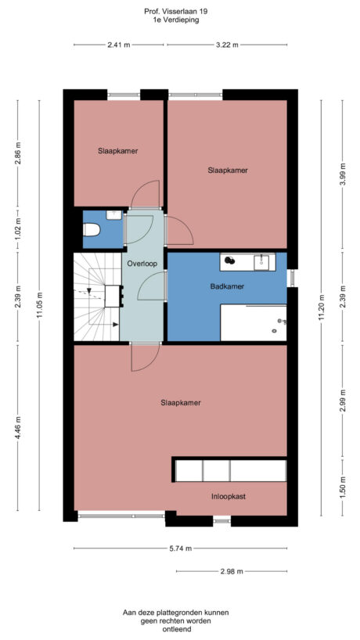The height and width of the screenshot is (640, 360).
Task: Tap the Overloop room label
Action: point(142,264)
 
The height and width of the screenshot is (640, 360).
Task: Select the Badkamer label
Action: point(227,286)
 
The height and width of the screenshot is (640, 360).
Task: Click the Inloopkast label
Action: point(228,495)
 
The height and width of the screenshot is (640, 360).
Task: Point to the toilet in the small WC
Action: point(91,230)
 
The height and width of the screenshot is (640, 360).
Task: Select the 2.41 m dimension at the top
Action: point(119,45)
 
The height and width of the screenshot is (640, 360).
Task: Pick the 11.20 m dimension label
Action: point(321,307)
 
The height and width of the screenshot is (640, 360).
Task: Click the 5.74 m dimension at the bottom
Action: point(180,548)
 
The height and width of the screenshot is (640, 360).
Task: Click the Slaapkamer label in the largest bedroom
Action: point(180,403)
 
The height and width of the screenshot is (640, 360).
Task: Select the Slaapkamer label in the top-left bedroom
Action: point(118,151)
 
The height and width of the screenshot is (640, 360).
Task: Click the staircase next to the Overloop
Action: point(96,297)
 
